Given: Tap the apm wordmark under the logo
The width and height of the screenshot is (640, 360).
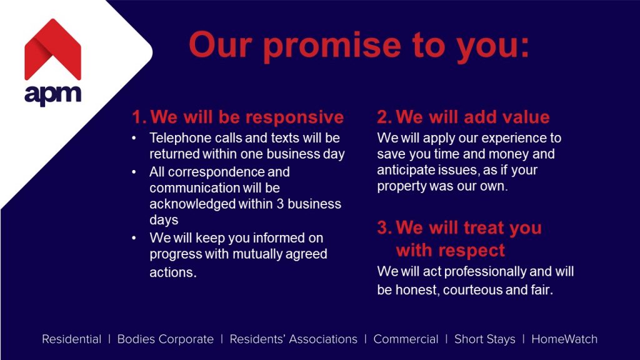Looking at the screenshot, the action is tap(52, 95).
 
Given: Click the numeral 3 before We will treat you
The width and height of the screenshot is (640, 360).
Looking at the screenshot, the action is tap(383, 227).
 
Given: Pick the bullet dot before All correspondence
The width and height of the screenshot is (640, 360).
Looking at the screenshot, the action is tap(134, 172).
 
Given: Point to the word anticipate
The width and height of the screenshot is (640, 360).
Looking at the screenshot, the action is tap(404, 170).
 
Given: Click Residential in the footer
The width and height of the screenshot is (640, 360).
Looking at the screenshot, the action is tap(71, 339).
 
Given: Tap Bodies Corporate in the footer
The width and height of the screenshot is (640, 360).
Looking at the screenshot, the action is tap(165, 339).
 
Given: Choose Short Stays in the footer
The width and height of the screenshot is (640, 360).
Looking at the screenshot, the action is tap(485, 339).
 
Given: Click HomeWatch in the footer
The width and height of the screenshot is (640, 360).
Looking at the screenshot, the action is tap(564, 339).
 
